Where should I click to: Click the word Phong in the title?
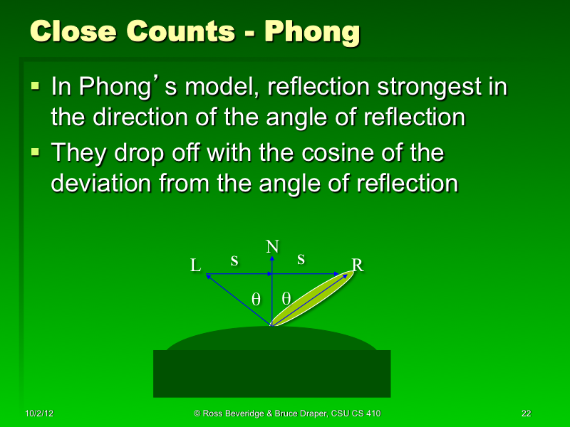(x=311, y=32)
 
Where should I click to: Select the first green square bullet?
(x=36, y=88)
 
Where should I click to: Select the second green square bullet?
(x=36, y=152)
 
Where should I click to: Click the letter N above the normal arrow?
(x=272, y=247)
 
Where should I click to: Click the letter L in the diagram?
(x=195, y=266)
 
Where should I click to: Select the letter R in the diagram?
(x=358, y=265)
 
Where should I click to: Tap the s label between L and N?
(x=234, y=260)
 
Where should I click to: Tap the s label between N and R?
(x=301, y=260)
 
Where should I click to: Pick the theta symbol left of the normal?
(x=256, y=299)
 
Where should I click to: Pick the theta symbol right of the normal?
(x=286, y=299)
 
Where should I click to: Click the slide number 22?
(x=527, y=413)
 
